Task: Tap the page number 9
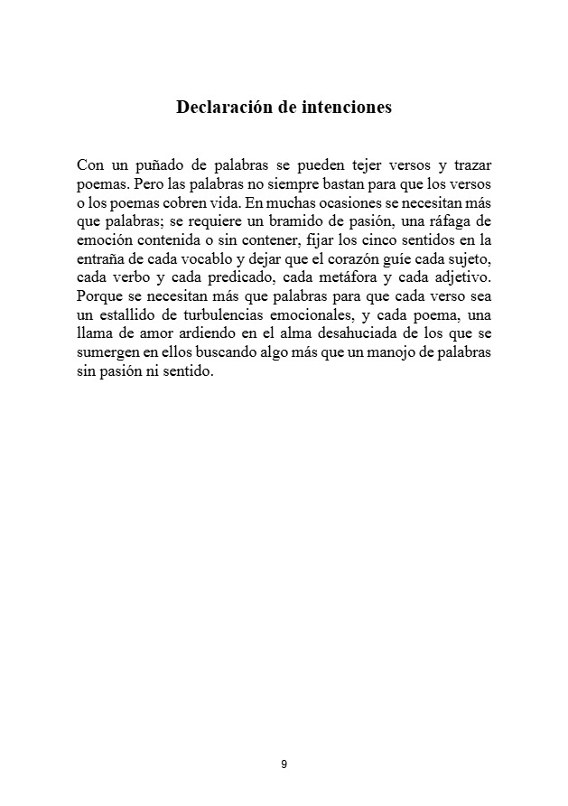point(284,764)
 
